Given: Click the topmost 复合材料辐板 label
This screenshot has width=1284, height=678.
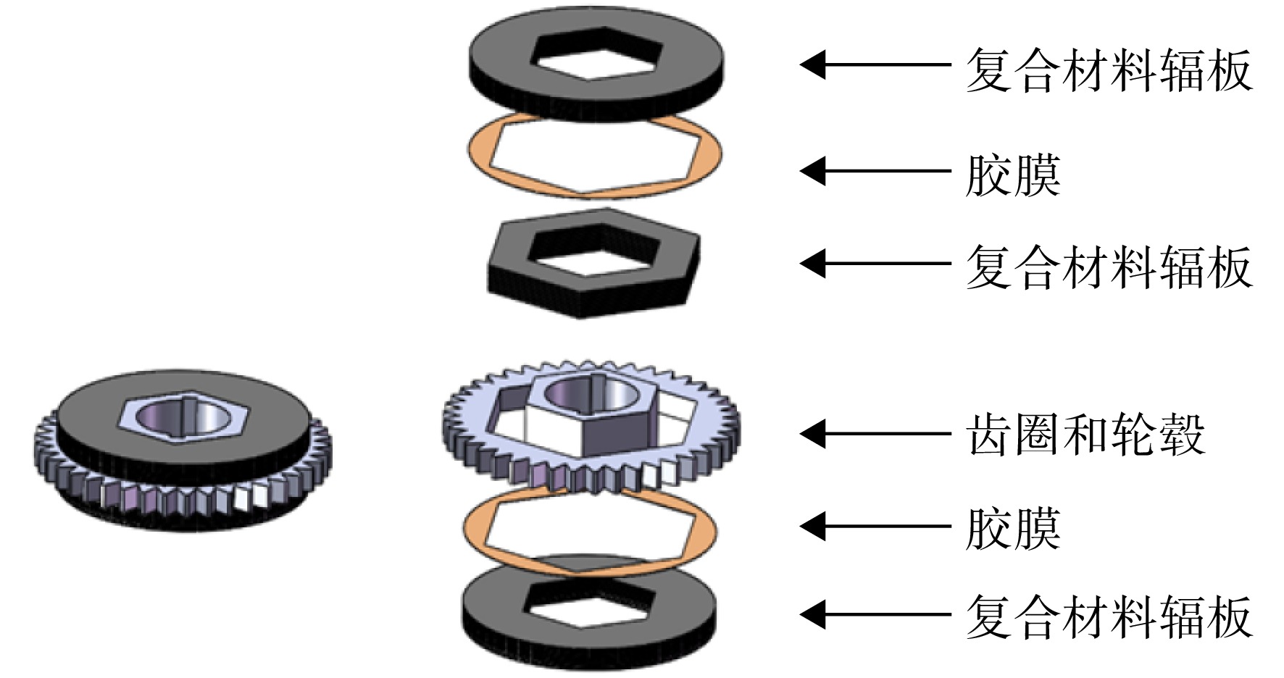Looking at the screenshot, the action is (x=1109, y=70).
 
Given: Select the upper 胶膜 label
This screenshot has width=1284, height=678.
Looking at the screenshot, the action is (x=1013, y=175).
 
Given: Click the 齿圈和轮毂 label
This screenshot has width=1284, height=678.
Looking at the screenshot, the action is (x=1085, y=435).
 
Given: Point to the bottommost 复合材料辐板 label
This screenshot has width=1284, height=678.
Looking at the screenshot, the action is (x=1109, y=616).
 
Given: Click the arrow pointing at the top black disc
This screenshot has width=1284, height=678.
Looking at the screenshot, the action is (x=875, y=64).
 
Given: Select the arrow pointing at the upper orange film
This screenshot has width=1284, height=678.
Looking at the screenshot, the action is (x=875, y=171).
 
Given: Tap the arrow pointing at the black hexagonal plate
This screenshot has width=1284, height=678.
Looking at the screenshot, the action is (x=875, y=264).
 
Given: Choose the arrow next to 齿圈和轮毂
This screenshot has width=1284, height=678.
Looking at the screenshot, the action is (x=875, y=434).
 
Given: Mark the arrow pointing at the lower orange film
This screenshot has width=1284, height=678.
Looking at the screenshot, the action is (x=875, y=527).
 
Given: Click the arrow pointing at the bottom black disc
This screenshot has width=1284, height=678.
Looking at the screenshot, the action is (x=875, y=614).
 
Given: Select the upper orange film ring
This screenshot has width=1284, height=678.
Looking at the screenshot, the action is (x=479, y=152).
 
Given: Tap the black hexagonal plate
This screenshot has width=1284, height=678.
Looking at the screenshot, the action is (x=507, y=264).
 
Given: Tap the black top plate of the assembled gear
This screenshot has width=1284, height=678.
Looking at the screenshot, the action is (x=87, y=420).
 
